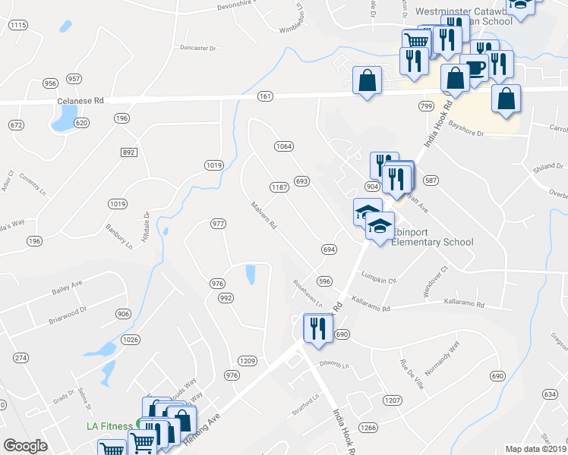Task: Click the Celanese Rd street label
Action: pyautogui.click(x=80, y=101)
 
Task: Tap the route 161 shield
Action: pyautogui.click(x=265, y=96)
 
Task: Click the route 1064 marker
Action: pyautogui.click(x=284, y=146)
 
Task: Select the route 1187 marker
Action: pyautogui.click(x=278, y=187)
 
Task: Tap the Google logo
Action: pyautogui.click(x=25, y=446)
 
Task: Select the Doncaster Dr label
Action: pyautogui.click(x=198, y=48)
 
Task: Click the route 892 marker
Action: pyautogui.click(x=128, y=152)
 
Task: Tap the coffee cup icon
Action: pyautogui.click(x=475, y=67)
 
